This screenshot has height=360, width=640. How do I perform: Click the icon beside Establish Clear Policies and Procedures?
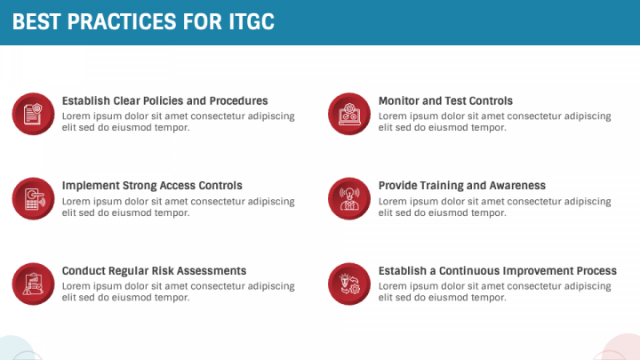click(x=33, y=114)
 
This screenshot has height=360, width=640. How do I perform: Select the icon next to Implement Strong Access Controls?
click(x=33, y=198)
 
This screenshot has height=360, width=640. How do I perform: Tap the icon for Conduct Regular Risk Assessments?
click(x=33, y=284)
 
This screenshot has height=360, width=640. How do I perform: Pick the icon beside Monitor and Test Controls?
click(x=349, y=114)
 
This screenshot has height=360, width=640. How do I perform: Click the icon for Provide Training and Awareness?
click(x=349, y=198)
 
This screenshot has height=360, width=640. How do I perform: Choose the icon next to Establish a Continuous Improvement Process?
click(x=349, y=284)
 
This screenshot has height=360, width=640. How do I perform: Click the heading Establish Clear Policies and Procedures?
click(x=164, y=101)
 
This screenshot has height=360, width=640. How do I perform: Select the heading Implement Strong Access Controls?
click(x=152, y=186)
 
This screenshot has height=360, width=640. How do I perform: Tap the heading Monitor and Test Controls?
click(x=445, y=101)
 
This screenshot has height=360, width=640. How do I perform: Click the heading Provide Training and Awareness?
click(x=461, y=186)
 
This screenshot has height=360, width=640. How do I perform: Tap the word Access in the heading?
click(x=180, y=186)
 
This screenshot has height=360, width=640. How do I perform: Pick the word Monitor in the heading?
click(x=398, y=101)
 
